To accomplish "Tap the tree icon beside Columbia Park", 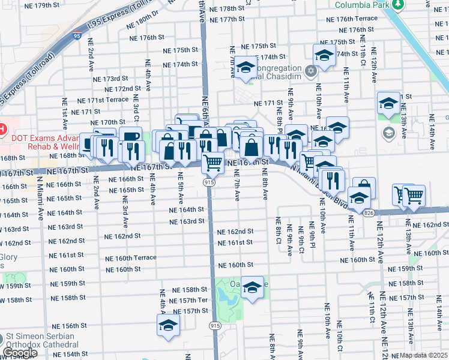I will click(397, 5).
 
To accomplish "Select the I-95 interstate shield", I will click(76, 36).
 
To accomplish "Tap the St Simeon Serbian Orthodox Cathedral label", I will click(40, 340).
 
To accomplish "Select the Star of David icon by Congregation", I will click(310, 72).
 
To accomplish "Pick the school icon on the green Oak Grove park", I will click(253, 289).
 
